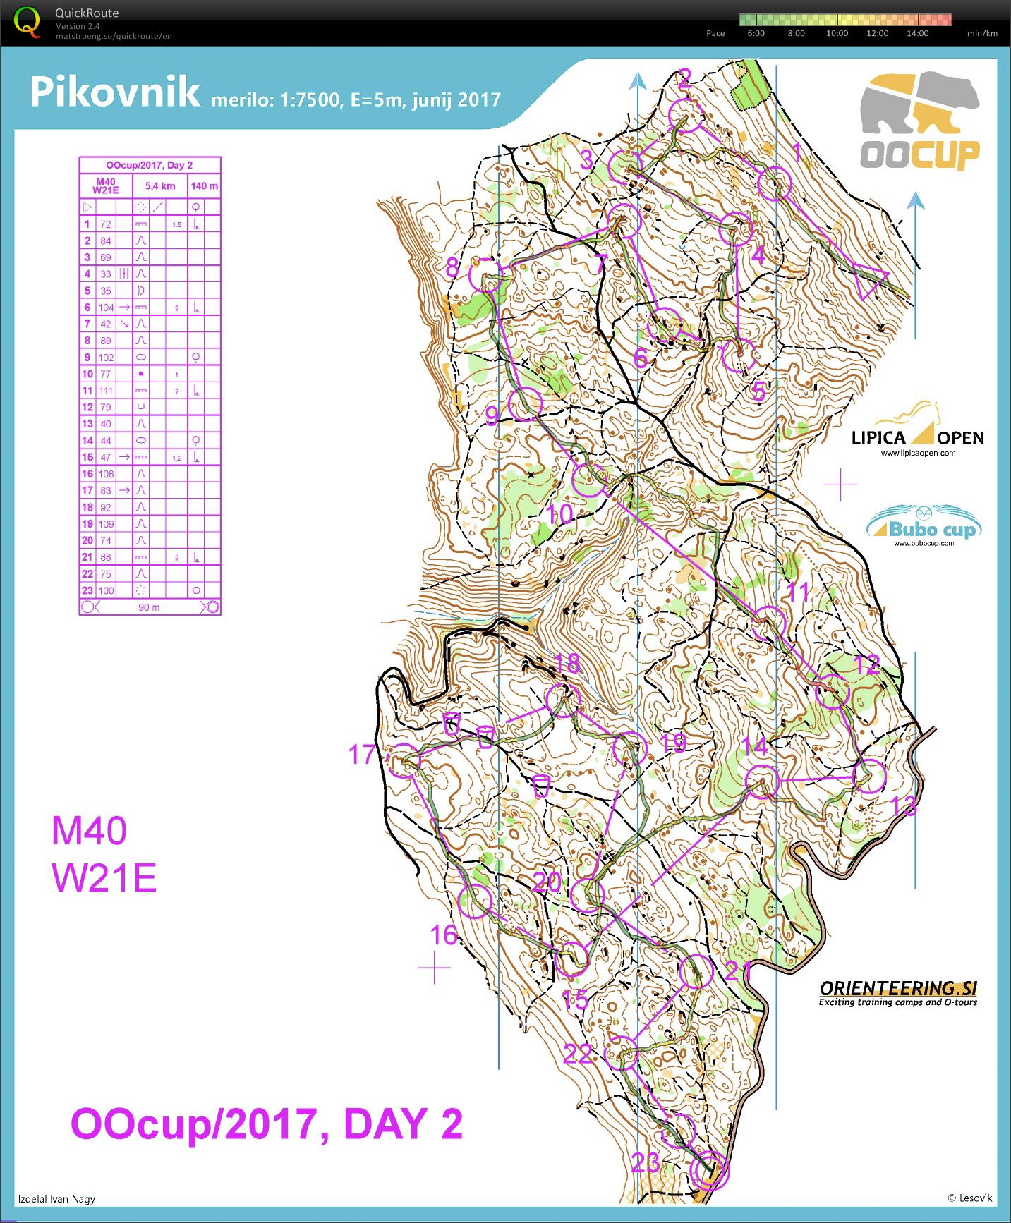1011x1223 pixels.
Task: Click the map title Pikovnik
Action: pos(115,92)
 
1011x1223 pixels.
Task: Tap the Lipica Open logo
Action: pos(917,430)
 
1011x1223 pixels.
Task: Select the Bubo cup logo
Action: pos(924,526)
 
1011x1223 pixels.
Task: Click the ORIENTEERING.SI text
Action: pos(898,988)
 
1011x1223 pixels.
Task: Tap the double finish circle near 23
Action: pos(710,1172)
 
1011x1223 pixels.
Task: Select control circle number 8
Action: pos(486,278)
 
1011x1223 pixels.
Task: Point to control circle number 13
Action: pos(868,777)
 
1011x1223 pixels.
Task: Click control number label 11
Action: pos(798,592)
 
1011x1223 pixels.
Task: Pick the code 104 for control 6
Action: pos(106,308)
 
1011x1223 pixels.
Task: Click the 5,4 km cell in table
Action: pos(160,186)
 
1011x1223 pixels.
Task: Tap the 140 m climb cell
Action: pos(205,186)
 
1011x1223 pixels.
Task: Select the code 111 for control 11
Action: pos(106,391)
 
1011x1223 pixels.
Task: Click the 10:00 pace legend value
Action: pos(837,33)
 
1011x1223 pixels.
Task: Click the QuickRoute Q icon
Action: pos(27,21)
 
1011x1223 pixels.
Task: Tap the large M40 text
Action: pos(90,830)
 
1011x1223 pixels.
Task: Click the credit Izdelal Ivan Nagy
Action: pos(56,1198)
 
